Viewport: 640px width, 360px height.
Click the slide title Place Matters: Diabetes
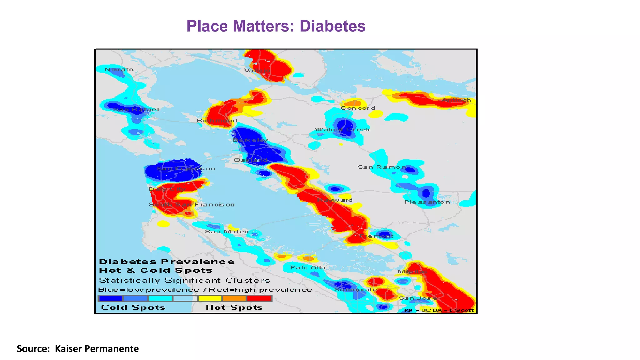[276, 26]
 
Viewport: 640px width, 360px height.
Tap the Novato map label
[119, 69]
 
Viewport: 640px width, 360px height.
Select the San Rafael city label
[136, 109]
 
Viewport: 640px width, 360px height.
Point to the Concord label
[358, 108]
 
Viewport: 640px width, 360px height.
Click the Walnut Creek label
[342, 129]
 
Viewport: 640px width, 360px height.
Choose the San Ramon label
[382, 167]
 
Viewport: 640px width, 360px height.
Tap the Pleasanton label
[427, 202]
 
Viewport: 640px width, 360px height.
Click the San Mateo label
[227, 232]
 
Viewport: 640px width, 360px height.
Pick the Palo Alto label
[308, 267]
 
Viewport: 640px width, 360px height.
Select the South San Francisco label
[192, 205]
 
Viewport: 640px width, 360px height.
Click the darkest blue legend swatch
[111, 298]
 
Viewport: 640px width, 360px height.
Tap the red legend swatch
[259, 298]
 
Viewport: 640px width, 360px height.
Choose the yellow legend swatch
[210, 298]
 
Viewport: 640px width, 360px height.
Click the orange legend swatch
[234, 298]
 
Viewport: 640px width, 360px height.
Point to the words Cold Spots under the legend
[133, 307]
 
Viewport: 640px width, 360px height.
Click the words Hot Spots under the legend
[234, 307]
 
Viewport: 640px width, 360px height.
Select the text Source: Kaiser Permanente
[78, 348]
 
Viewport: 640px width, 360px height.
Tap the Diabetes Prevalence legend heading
[167, 262]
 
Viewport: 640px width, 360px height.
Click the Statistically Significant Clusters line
[184, 280]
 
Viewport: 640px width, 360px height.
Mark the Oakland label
[251, 160]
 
